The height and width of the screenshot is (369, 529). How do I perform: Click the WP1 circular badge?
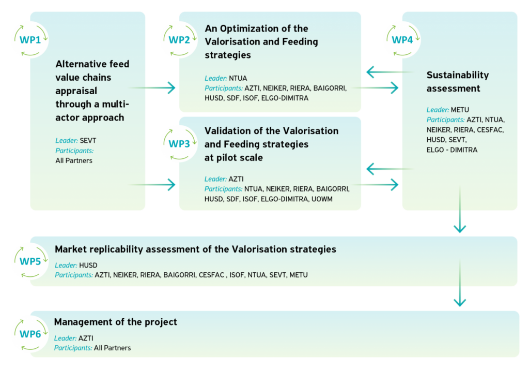tap(30, 39)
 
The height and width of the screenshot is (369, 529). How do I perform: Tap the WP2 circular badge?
tap(179, 39)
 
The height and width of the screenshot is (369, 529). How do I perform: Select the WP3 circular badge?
tap(179, 143)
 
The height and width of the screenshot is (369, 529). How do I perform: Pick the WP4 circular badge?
tap(402, 39)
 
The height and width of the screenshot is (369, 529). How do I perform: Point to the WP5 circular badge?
tap(30, 261)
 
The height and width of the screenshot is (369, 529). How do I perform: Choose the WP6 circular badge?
tap(30, 334)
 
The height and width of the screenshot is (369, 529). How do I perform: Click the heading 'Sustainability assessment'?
tap(457, 81)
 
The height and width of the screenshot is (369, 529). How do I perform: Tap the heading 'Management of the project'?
tap(115, 322)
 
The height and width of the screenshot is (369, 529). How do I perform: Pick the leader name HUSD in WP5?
tap(89, 265)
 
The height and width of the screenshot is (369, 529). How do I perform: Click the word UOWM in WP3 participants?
tap(337, 199)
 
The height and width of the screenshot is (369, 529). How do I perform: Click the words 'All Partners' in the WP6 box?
tap(112, 348)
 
